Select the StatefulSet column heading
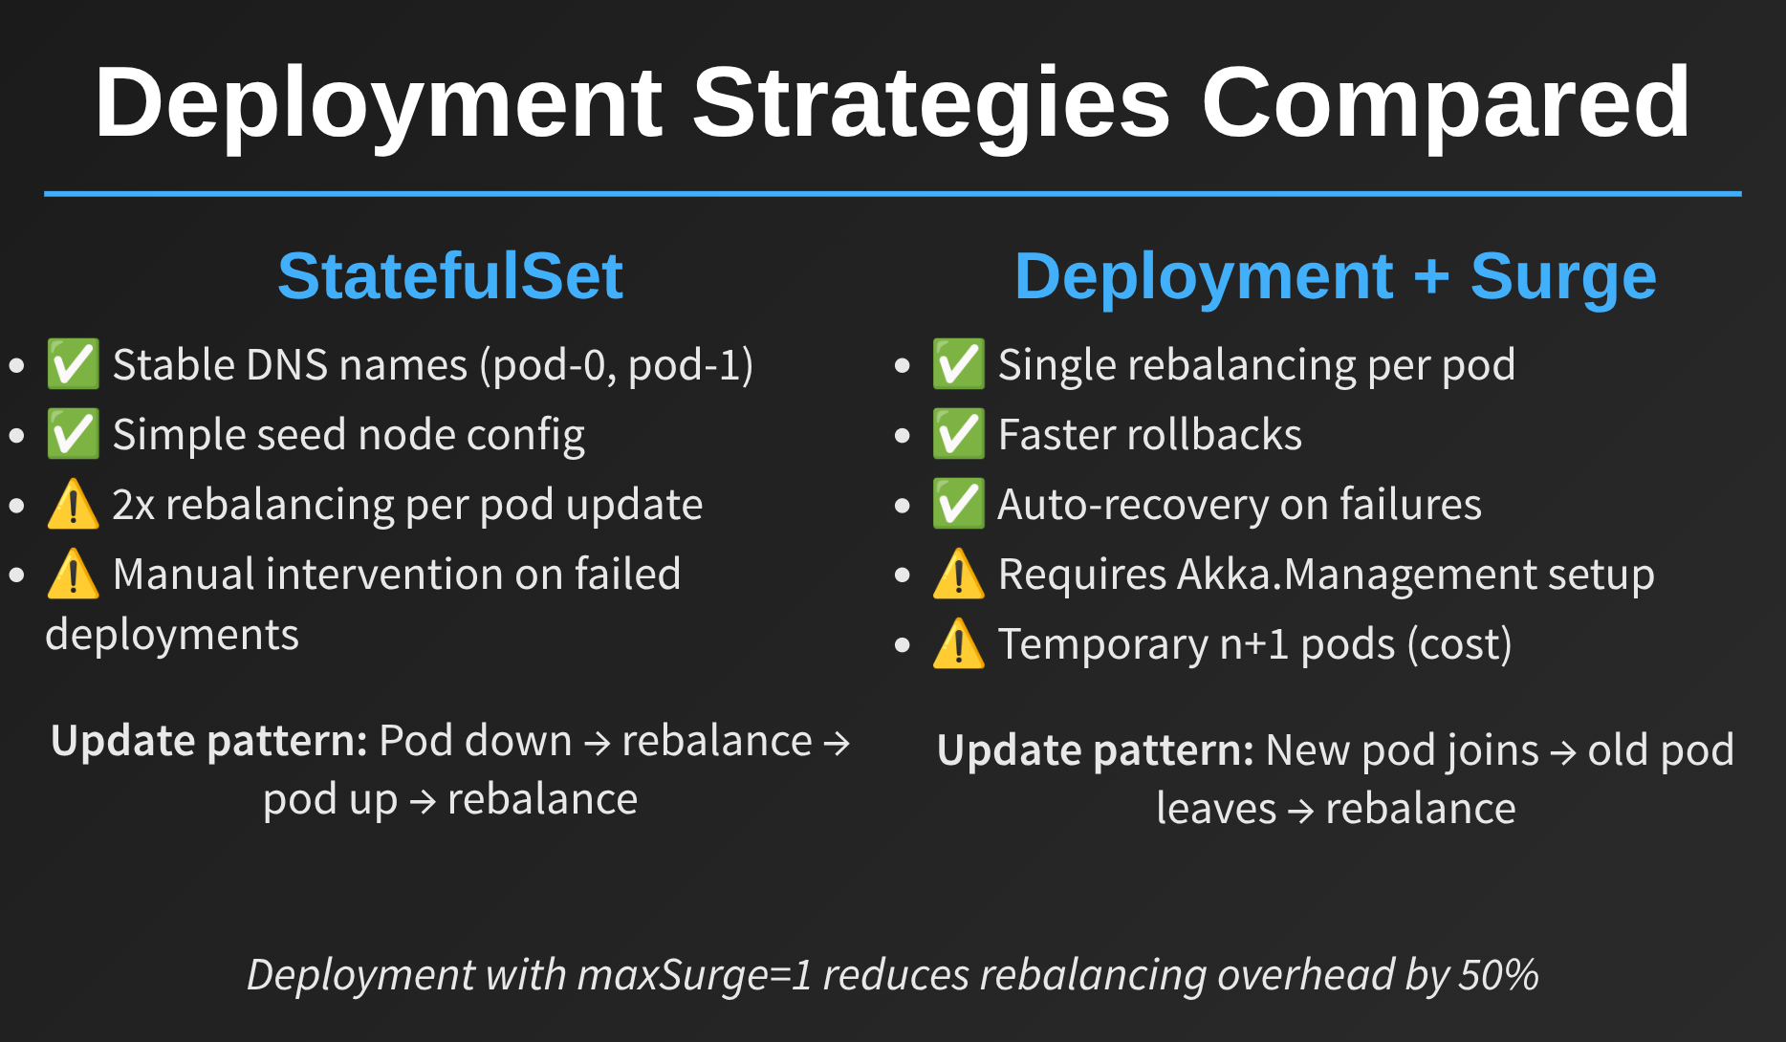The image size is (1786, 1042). [450, 276]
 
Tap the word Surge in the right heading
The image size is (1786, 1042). [1563, 277]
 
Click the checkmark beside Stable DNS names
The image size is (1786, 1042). [73, 364]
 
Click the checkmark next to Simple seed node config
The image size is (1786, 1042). [73, 434]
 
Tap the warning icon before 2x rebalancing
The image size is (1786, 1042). [73, 504]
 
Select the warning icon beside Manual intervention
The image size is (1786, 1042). [73, 574]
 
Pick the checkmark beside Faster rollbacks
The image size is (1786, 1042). [958, 434]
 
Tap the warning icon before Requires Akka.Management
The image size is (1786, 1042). [958, 574]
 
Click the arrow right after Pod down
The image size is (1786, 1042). [597, 744]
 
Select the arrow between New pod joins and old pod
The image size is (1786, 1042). [1563, 753]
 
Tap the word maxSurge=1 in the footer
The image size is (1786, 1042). [695, 975]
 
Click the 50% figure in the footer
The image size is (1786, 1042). [1498, 975]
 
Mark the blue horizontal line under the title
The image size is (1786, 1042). [893, 194]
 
